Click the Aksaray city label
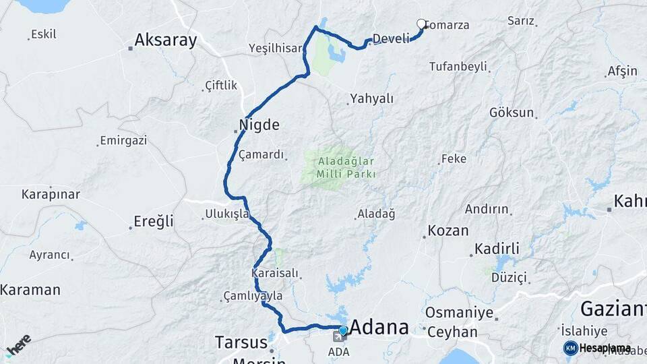pos(165,40)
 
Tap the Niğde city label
pos(259,125)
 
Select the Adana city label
pos(379,328)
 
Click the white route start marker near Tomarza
pos(421,24)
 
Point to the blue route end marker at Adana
pos(343,330)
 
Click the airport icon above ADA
pos(337,336)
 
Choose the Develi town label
pos(391,39)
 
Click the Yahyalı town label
pos(371,98)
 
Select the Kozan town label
pos(448,230)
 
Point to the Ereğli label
pos(153,221)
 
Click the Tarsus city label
pos(241,342)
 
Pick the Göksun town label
pos(512,113)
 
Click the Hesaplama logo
pos(597,348)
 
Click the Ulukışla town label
pos(227,214)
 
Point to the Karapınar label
pos(51,194)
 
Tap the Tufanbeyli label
pos(458,66)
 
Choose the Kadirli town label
pos(497,249)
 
